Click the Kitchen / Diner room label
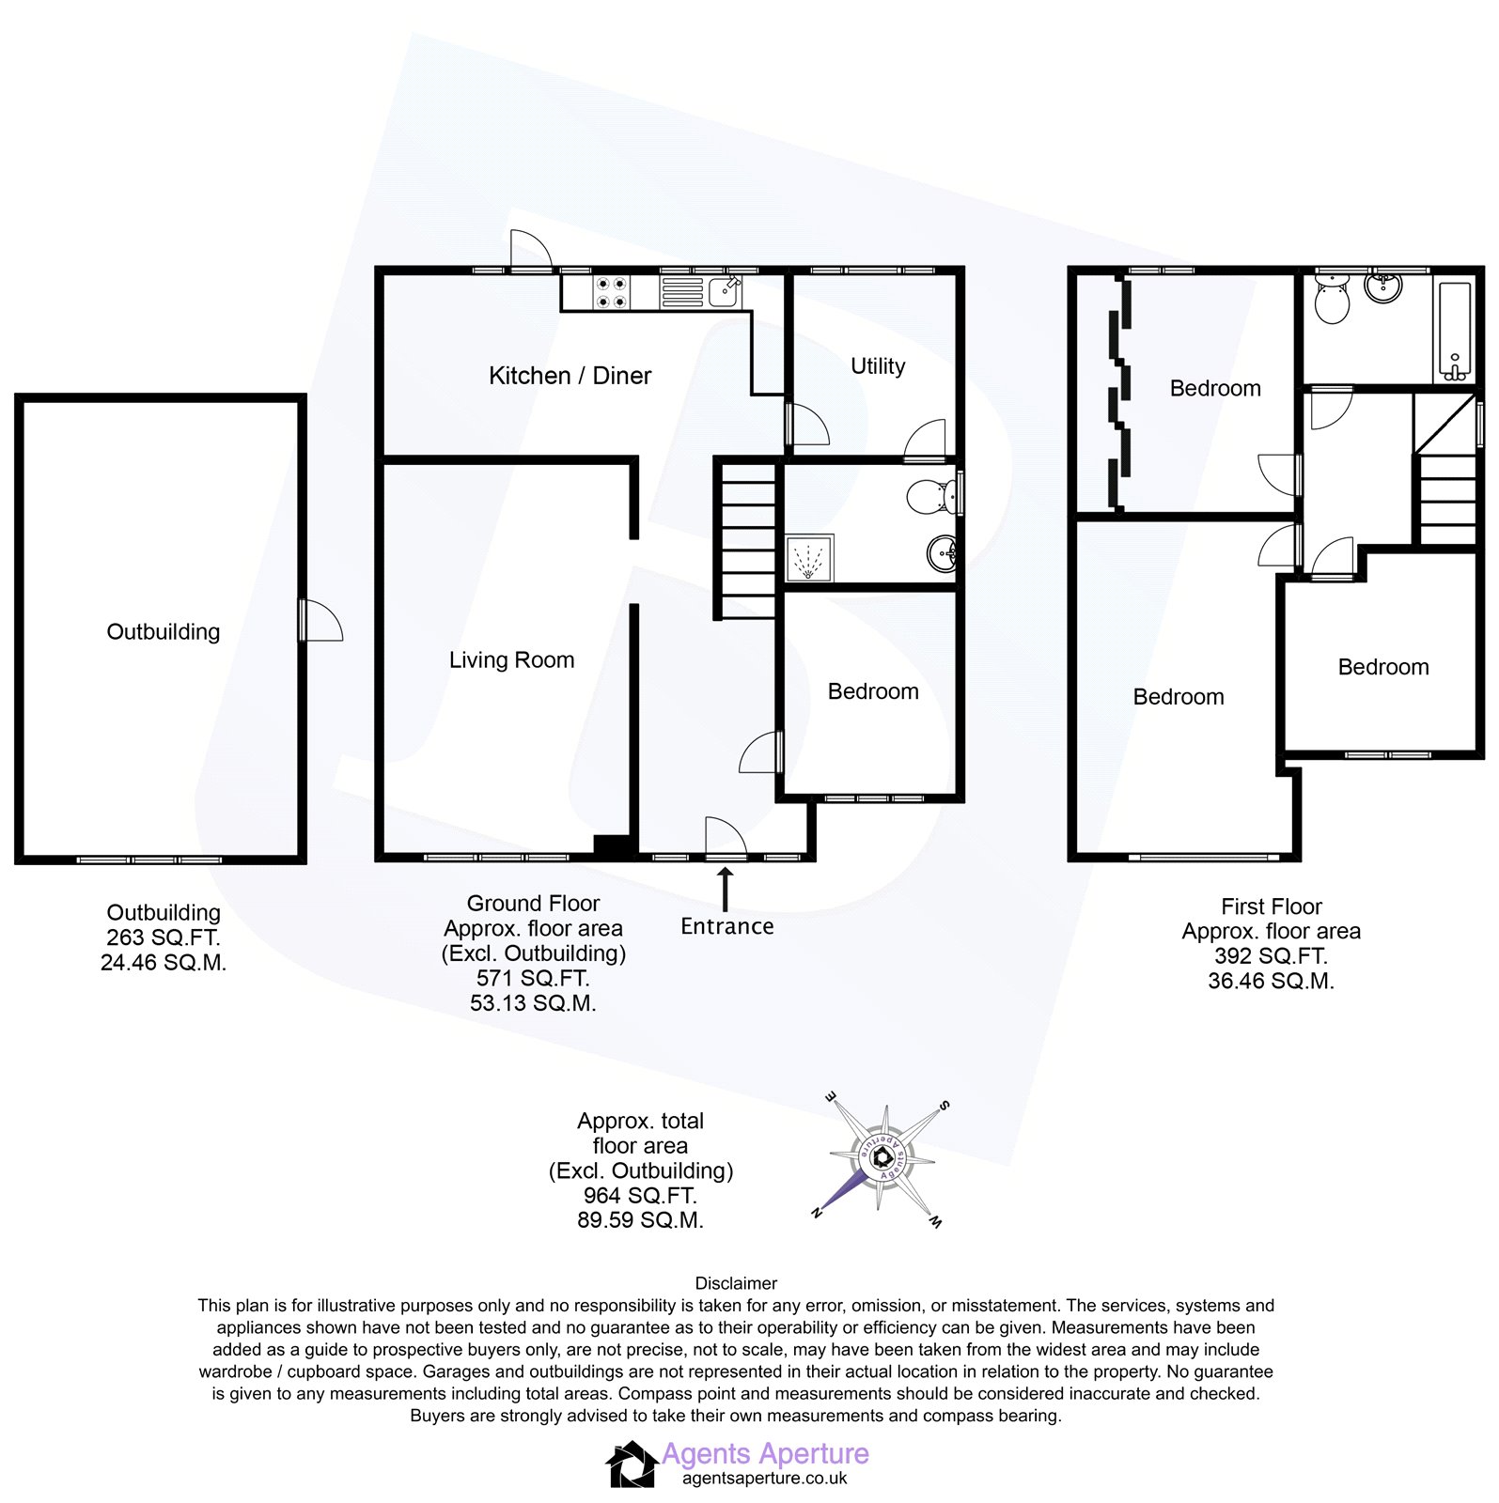pos(570,376)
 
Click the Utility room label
pos(878,366)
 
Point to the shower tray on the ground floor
pos(809,559)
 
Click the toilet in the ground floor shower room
pos(932,495)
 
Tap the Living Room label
pos(511,660)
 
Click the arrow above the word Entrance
pos(725,889)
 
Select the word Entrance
pos(726,926)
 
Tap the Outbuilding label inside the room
pos(163,632)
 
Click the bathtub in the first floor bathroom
pos(1455,331)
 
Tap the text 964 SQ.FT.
pos(640,1196)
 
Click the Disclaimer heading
pos(736,1283)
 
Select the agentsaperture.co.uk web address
pos(764,1479)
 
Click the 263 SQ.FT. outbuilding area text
pos(163,937)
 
